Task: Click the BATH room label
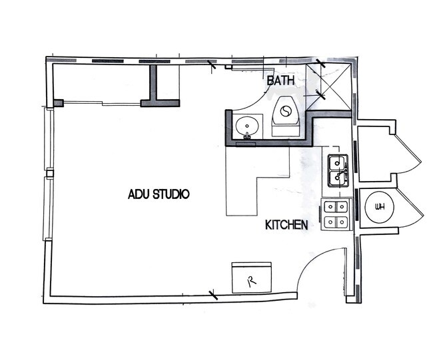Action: click(x=280, y=81)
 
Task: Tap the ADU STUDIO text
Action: click(x=159, y=194)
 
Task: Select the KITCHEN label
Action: click(x=286, y=225)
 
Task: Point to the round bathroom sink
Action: click(x=248, y=125)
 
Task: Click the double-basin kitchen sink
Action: click(x=338, y=169)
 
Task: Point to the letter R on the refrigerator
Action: click(x=252, y=281)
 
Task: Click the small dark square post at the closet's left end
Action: click(x=58, y=103)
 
